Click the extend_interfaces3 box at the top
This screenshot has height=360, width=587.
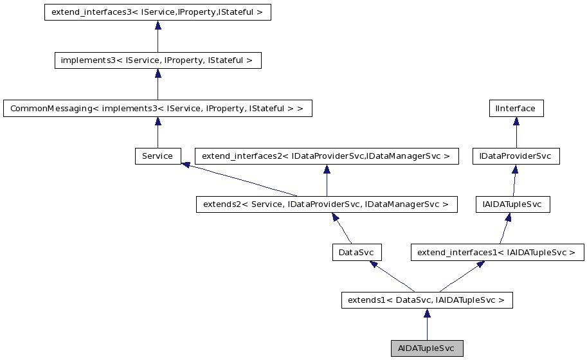pos(158,12)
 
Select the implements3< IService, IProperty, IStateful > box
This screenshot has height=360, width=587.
pos(158,60)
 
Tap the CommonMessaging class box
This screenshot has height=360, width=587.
pos(158,109)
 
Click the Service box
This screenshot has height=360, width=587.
pos(158,156)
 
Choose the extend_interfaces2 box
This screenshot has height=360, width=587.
pos(327,156)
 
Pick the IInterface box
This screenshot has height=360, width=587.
pos(516,109)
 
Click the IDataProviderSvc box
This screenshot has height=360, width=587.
pos(516,156)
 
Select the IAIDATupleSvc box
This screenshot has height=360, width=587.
pos(512,204)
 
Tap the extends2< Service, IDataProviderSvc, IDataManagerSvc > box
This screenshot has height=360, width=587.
pos(327,204)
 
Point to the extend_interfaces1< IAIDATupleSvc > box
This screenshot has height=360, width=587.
pos(497,253)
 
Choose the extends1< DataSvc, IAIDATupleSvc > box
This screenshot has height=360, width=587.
pos(427,300)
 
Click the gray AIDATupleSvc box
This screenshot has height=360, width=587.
pos(427,348)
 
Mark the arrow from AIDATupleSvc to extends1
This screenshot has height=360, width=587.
pos(427,325)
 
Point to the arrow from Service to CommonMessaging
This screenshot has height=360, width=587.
pos(158,132)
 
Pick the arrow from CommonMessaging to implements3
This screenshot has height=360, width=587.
pos(158,85)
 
